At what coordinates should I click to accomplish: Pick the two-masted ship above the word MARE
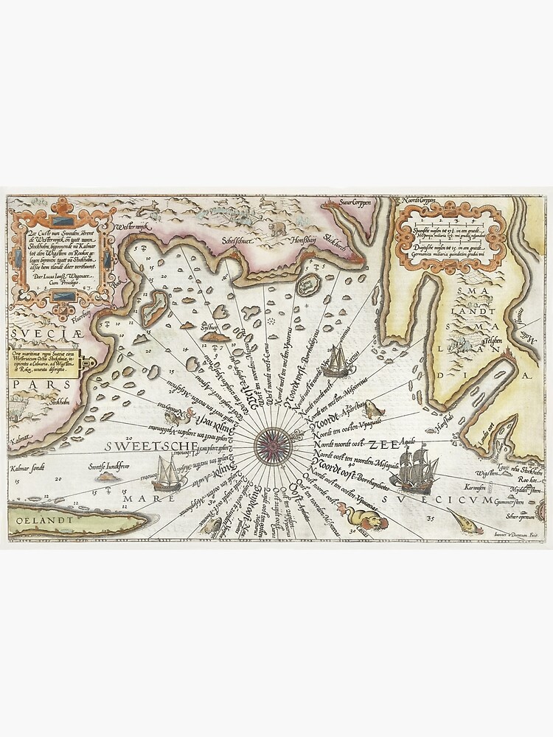pos(169,473)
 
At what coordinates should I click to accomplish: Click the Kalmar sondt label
pos(29,467)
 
